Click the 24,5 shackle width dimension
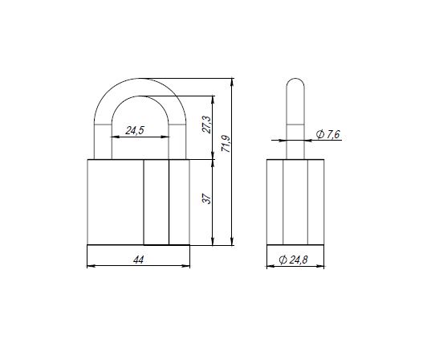pyautogui.click(x=135, y=130)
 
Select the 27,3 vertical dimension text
pyautogui.click(x=207, y=125)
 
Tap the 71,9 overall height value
pyautogui.click(x=226, y=143)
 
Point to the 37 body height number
pyautogui.click(x=207, y=198)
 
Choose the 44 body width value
pyautogui.click(x=138, y=260)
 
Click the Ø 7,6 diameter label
pyautogui.click(x=328, y=134)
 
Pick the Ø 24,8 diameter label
pyautogui.click(x=293, y=260)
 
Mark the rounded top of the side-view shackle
pyautogui.click(x=295, y=79)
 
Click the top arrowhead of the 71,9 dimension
pyautogui.click(x=232, y=82)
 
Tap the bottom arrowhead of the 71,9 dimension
pyautogui.click(x=232, y=241)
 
